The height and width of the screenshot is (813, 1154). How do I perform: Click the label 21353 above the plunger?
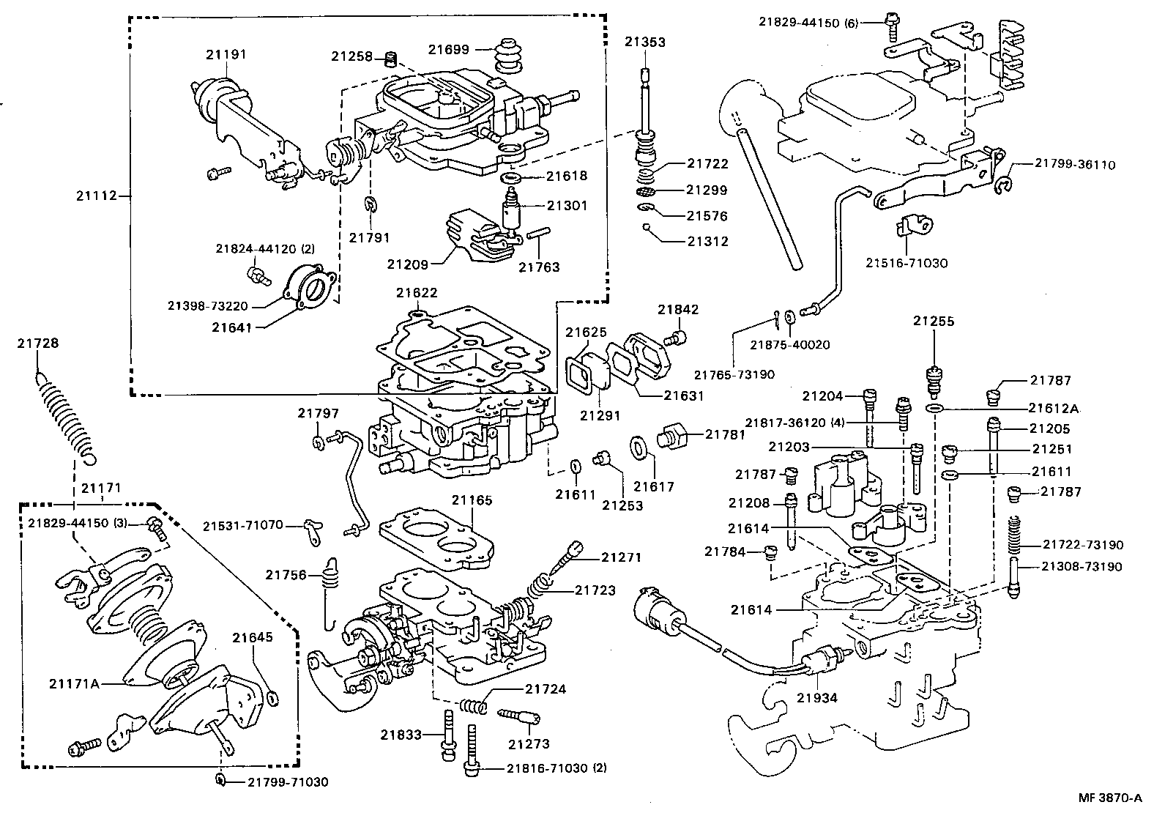[x=645, y=42]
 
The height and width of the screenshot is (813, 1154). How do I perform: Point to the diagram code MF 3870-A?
[x=1109, y=797]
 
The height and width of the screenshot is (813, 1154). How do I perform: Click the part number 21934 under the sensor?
[x=816, y=698]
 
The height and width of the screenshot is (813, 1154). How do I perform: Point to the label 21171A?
[x=74, y=683]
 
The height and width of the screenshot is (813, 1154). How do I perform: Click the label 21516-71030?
[x=906, y=263]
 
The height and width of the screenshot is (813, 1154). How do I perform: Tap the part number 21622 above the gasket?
[x=417, y=293]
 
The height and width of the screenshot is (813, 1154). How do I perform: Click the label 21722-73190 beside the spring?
[x=1082, y=545]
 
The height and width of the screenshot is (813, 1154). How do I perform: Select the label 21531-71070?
[x=242, y=525]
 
